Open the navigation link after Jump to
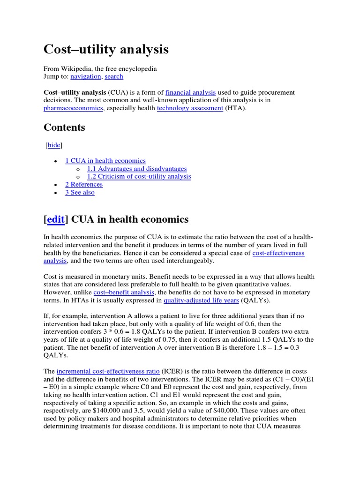[86, 76]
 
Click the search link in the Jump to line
[114, 76]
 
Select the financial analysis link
[190, 92]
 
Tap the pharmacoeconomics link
[74, 108]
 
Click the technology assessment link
[190, 108]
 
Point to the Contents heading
[64, 127]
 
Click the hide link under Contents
[54, 145]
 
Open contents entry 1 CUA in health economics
[105, 160]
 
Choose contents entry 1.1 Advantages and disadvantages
[137, 168]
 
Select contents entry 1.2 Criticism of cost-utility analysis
[139, 176]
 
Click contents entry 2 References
[83, 184]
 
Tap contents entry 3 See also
[80, 192]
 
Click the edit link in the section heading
[55, 219]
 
